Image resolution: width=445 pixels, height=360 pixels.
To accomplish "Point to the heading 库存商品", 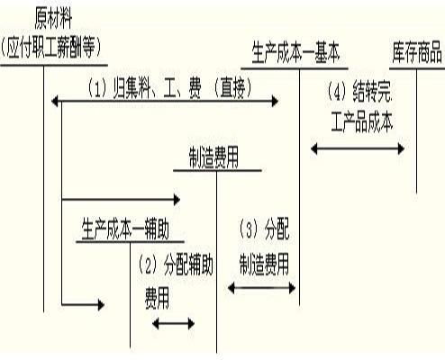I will tap(417, 53).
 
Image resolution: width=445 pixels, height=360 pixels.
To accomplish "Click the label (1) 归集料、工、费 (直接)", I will tap(168, 88).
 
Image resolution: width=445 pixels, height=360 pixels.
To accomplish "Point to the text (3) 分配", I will tap(264, 229).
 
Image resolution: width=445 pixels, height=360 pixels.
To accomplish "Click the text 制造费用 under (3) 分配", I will tap(264, 263).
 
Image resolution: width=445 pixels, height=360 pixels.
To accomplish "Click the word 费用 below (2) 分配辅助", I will tap(159, 293).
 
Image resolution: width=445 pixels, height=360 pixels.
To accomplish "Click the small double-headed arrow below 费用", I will tap(174, 323).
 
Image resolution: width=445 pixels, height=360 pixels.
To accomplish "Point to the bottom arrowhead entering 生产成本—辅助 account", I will tap(99, 306).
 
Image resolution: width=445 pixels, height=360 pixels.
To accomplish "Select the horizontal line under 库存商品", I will tap(416, 66).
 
